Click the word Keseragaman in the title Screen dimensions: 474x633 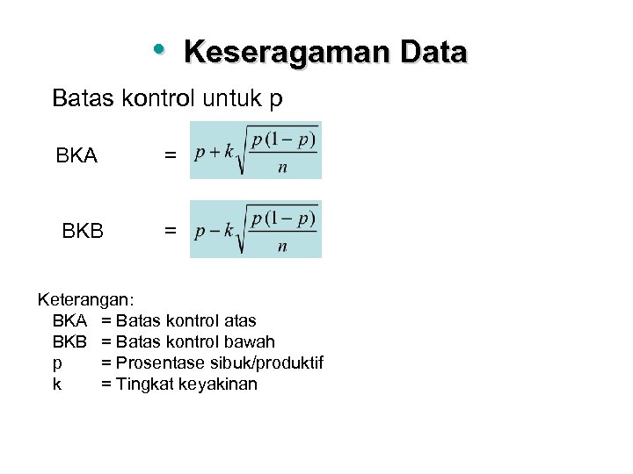pos(286,53)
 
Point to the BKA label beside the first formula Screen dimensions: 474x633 pos(76,157)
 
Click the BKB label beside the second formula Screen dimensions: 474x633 pos(83,232)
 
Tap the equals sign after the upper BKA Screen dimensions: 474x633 pos(170,156)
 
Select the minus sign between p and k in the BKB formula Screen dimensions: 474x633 pos(214,230)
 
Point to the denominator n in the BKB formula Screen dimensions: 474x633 pos(282,248)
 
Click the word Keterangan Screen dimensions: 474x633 pos(84,300)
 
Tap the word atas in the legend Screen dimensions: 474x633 pos(237,321)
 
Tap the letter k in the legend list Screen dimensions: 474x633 pos(57,384)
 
